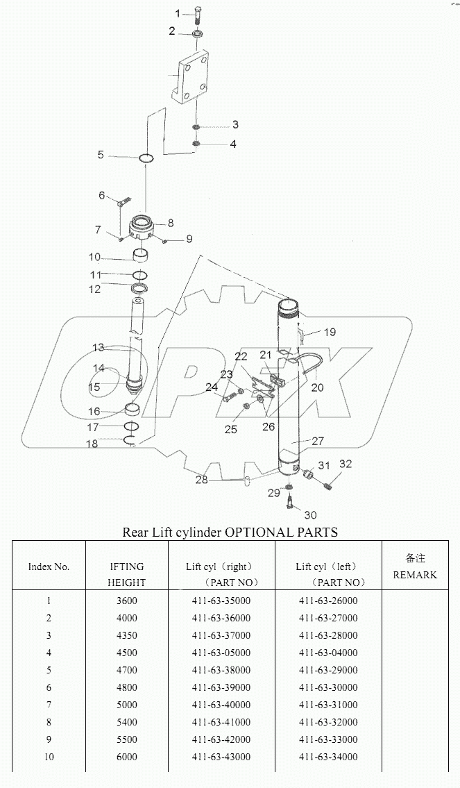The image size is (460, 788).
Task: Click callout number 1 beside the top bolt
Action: [x=178, y=13]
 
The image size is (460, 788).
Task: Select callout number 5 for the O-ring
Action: [x=101, y=155]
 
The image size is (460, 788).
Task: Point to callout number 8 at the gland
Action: [x=171, y=223]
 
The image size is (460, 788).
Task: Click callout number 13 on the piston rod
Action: [x=99, y=347]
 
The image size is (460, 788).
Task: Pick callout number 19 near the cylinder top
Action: [x=330, y=333]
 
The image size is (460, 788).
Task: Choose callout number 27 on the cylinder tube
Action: [x=317, y=441]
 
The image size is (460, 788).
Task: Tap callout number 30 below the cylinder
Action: [x=310, y=514]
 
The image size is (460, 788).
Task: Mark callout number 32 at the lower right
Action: [x=345, y=463]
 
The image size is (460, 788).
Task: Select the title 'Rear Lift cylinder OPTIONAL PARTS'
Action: [x=230, y=533]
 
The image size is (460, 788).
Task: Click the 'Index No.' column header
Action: [x=49, y=567]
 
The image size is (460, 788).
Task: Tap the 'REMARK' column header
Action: [x=415, y=575]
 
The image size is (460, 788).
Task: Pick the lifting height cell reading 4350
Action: [x=127, y=635]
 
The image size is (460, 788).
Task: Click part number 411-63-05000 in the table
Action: [x=221, y=653]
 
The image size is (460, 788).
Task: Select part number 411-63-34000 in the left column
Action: [x=328, y=757]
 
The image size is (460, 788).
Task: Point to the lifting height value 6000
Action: [x=127, y=757]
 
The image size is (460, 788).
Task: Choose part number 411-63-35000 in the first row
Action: [x=221, y=601]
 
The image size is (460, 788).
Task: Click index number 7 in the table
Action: [x=49, y=705]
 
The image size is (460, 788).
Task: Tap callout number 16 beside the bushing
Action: [x=94, y=412]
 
